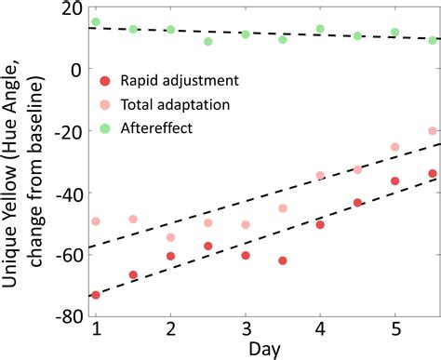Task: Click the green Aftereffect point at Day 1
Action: click(96, 21)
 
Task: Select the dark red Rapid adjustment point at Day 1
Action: click(96, 295)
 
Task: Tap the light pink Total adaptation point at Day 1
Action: click(96, 221)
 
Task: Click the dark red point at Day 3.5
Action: click(283, 260)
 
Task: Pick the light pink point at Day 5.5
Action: click(433, 131)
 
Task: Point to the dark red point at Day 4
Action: click(320, 224)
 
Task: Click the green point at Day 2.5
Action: click(208, 41)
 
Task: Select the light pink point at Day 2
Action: click(170, 238)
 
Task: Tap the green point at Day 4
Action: click(320, 29)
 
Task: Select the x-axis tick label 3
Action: click(246, 330)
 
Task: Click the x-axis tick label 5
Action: click(394, 330)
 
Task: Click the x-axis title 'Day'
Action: click(263, 350)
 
